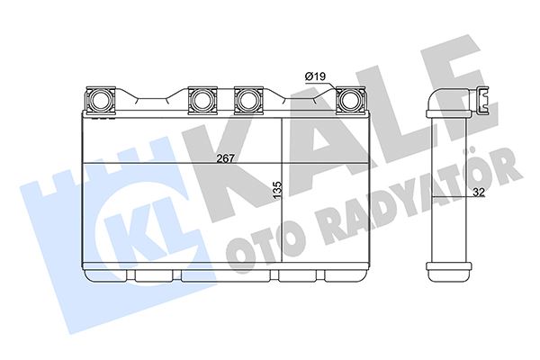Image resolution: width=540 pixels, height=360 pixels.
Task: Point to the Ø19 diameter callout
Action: pos(314,77)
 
